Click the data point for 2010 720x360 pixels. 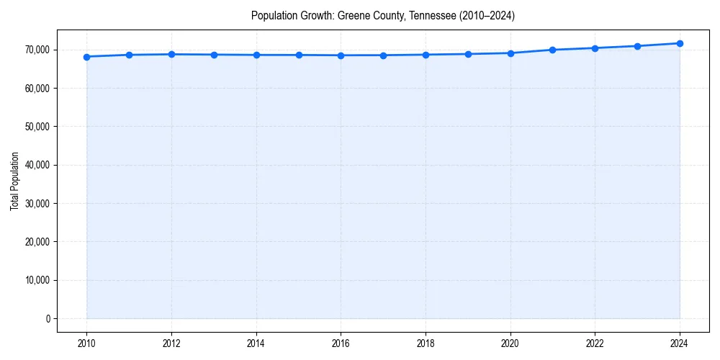pyautogui.click(x=86, y=56)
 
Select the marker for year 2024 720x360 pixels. pyautogui.click(x=680, y=43)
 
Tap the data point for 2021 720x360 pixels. pyautogui.click(x=552, y=50)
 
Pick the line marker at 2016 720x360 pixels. pyautogui.click(x=341, y=55)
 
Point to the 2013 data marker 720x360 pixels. pyautogui.click(x=214, y=55)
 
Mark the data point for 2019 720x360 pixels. pyautogui.click(x=468, y=54)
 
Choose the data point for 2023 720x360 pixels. pyautogui.click(x=637, y=46)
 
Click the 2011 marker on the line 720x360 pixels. pyautogui.click(x=129, y=55)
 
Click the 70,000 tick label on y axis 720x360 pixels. pyautogui.click(x=37, y=50)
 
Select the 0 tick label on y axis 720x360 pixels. pyautogui.click(x=48, y=318)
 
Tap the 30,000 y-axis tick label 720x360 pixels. pyautogui.click(x=37, y=203)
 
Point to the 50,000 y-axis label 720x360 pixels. pyautogui.click(x=37, y=127)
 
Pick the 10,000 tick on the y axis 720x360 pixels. pyautogui.click(x=37, y=280)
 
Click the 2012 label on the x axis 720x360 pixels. pyautogui.click(x=171, y=343)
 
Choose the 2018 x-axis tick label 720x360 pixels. pyautogui.click(x=426, y=343)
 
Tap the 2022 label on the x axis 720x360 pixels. pyautogui.click(x=595, y=343)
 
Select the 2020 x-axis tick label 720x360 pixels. pyautogui.click(x=510, y=343)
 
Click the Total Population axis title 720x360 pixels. pyautogui.click(x=14, y=181)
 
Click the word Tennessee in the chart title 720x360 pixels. pyautogui.click(x=432, y=15)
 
